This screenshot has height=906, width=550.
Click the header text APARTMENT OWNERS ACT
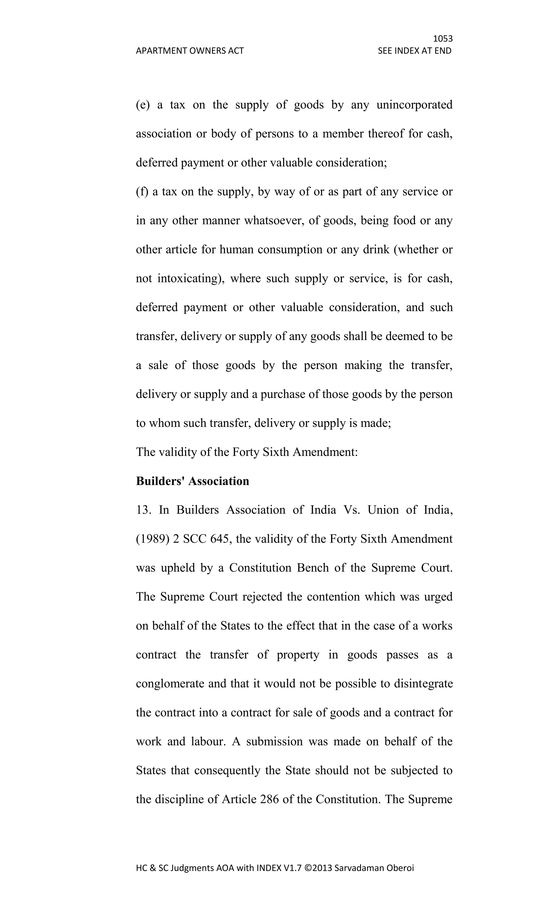click(190, 51)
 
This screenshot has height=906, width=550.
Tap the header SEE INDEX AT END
click(414, 51)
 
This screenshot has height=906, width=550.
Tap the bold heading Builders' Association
click(192, 481)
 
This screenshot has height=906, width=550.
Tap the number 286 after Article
click(269, 799)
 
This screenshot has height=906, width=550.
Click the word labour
click(207, 742)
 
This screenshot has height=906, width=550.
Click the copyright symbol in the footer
click(308, 868)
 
